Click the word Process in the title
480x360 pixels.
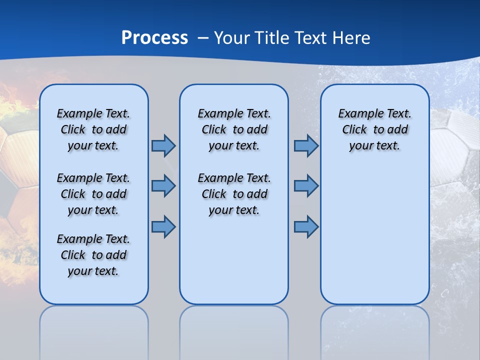[154, 37]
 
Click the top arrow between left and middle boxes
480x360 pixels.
[163, 145]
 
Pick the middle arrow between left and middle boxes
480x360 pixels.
[163, 186]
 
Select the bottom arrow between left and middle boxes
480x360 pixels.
[163, 226]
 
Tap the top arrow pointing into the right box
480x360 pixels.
[306, 145]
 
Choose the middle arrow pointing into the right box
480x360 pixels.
[306, 186]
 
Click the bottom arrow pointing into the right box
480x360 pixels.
[306, 226]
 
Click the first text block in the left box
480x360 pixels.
[93, 129]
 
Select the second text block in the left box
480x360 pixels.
[93, 194]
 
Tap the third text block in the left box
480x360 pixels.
[93, 255]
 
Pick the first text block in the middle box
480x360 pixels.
[234, 129]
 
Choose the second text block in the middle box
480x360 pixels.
[234, 194]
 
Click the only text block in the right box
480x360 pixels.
[374, 129]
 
